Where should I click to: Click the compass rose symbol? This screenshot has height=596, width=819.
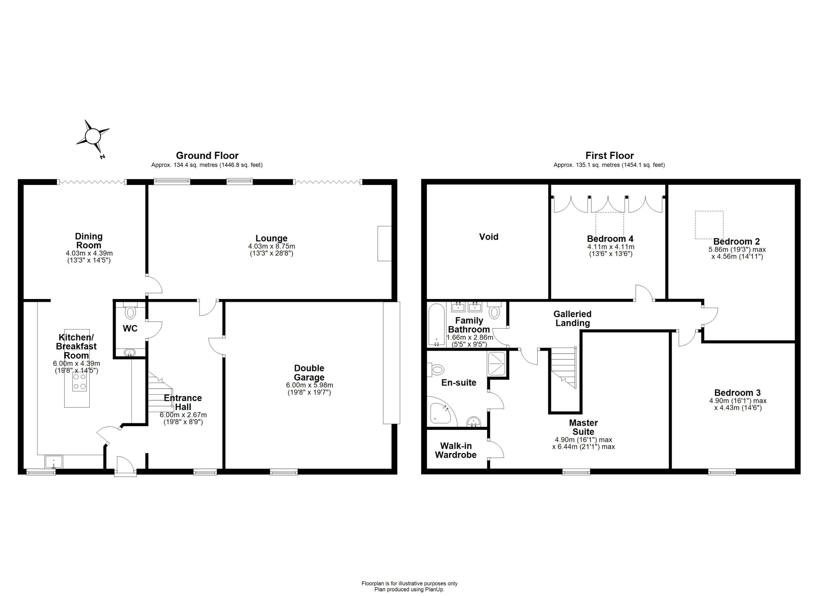click(x=92, y=137)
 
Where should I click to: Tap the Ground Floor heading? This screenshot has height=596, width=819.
click(x=207, y=156)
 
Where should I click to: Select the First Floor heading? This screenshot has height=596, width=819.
click(x=609, y=156)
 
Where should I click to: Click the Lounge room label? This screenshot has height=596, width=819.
click(x=272, y=238)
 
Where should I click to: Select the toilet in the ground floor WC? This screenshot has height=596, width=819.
click(x=130, y=311)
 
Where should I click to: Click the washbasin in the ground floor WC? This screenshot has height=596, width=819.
click(x=129, y=352)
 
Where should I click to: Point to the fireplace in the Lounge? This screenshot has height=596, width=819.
click(x=385, y=244)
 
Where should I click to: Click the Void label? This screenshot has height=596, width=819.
click(x=489, y=237)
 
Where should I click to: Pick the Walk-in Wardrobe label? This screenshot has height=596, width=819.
click(x=456, y=450)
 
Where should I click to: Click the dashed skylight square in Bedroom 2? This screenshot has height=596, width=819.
click(x=710, y=225)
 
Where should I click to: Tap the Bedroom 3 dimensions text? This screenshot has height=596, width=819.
click(x=738, y=404)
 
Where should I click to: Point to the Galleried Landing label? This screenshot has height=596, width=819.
click(x=572, y=318)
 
